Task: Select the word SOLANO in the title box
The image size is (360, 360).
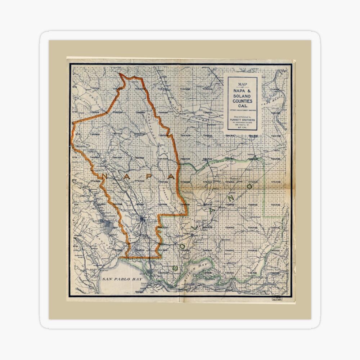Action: (242, 96)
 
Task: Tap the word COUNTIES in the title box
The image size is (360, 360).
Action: (242, 102)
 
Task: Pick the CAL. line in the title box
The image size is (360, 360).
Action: (242, 107)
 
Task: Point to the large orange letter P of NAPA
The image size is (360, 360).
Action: (149, 176)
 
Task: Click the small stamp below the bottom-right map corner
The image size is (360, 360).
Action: (276, 298)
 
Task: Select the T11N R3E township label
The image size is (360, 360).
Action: (275, 89)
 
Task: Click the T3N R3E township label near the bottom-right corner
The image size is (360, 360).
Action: (275, 274)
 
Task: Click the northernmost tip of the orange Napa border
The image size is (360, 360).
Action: (120, 74)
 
